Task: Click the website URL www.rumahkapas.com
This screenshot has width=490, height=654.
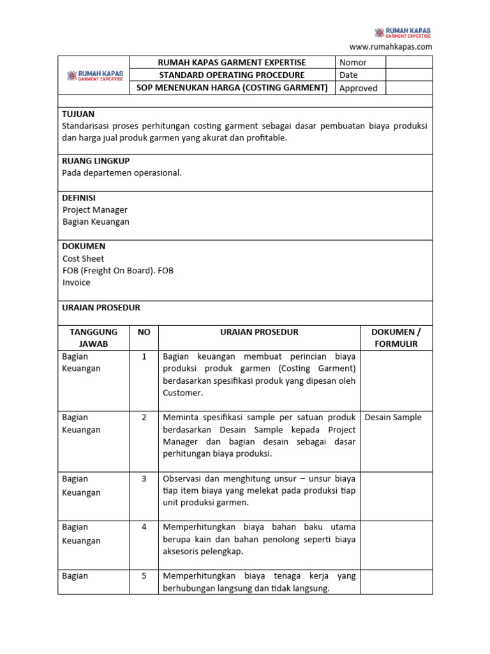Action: tap(390, 47)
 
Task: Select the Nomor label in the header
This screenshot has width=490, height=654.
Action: tap(353, 62)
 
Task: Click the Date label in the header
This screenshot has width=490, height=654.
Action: tap(348, 75)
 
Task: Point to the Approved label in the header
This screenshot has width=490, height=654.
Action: tap(358, 88)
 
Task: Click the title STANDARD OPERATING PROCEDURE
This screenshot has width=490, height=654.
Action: tap(232, 75)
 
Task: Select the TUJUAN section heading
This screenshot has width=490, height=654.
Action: tap(78, 113)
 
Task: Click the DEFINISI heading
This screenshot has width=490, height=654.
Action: tap(79, 198)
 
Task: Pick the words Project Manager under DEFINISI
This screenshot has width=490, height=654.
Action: tap(95, 209)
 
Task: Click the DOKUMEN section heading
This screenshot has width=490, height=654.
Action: tap(84, 246)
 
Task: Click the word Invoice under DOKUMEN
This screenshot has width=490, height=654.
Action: tap(77, 282)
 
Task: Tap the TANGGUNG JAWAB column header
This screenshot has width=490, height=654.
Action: tap(93, 338)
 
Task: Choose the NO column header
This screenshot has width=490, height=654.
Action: tap(144, 332)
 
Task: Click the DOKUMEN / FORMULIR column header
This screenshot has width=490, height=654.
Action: tap(396, 338)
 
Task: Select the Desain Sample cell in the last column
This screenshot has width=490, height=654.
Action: tap(393, 417)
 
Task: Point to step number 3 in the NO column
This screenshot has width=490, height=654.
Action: tap(144, 478)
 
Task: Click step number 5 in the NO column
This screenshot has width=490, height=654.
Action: tap(144, 575)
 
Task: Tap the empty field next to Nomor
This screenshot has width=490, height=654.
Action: tap(408, 62)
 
